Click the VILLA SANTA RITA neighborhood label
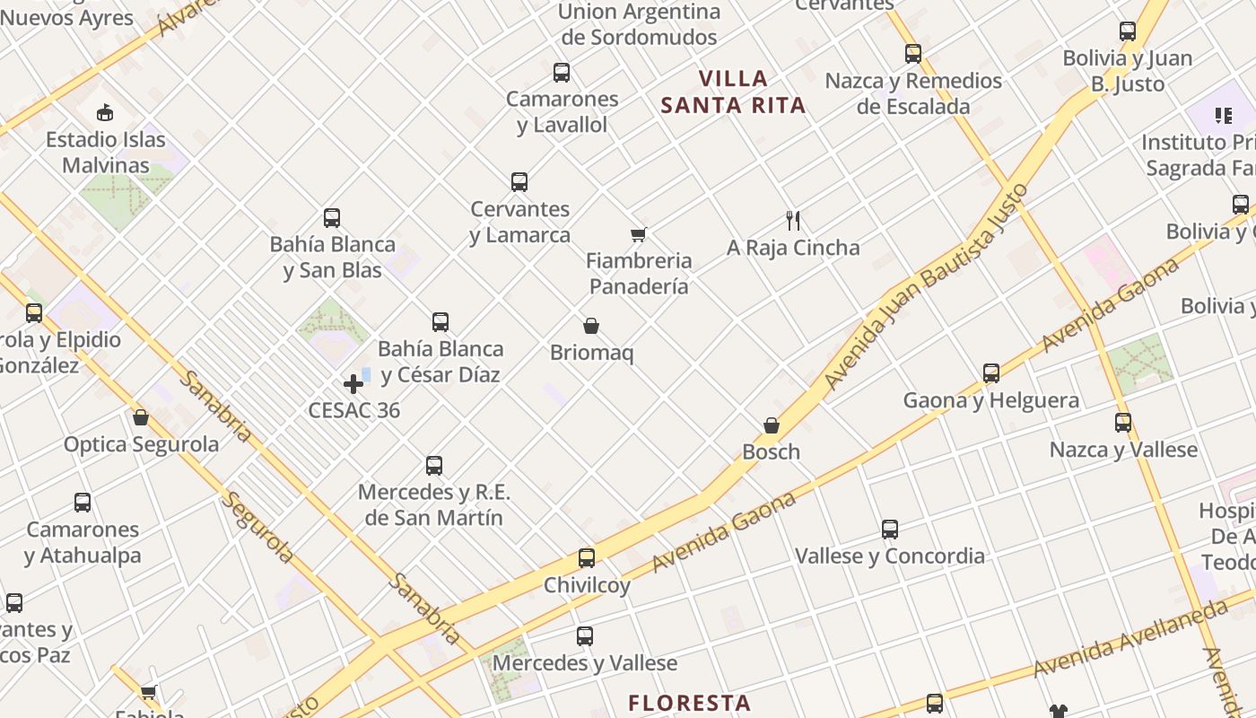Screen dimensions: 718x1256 (733, 92)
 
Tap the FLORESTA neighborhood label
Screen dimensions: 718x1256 (689, 703)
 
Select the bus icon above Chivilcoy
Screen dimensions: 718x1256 (587, 558)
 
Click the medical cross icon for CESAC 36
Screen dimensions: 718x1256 (353, 384)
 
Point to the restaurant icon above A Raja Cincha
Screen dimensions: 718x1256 (793, 221)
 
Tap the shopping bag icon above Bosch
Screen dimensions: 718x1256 (772, 425)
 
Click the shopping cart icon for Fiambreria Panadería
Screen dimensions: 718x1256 (638, 235)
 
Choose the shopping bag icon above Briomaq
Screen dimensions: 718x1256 (591, 326)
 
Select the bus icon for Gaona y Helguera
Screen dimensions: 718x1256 (991, 373)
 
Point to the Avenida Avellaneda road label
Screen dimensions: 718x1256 (1130, 640)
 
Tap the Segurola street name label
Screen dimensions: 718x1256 (258, 527)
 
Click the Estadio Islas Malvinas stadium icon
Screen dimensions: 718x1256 (105, 113)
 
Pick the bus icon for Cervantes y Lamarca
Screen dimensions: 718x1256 (519, 182)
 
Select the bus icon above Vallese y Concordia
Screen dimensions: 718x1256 (890, 530)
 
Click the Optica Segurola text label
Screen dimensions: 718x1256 (141, 444)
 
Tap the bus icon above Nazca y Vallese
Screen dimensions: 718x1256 (1123, 423)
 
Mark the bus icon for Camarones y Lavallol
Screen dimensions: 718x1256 (562, 73)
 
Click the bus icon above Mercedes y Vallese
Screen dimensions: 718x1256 (585, 636)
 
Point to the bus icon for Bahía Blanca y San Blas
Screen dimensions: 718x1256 (332, 218)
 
